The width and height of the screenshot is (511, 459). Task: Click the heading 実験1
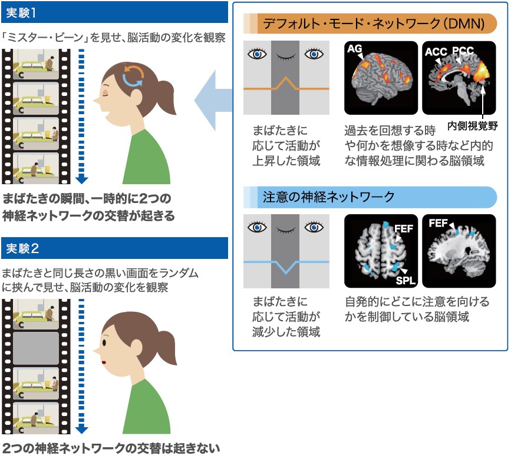tap(21, 13)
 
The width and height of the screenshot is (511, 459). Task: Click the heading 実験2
tap(22, 248)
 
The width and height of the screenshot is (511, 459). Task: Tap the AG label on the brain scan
tap(355, 48)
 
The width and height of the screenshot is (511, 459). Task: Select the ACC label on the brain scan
tap(436, 51)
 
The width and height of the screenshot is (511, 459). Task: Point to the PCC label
tap(463, 51)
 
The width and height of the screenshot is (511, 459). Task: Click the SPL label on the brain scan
tap(405, 280)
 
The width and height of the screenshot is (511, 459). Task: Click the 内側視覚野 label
tap(473, 125)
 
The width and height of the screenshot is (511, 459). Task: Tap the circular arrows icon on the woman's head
tap(133, 76)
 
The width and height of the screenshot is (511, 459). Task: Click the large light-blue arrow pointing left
tap(213, 101)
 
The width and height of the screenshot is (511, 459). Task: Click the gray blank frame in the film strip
tap(36, 348)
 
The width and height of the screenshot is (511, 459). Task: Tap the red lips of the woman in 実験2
tap(103, 362)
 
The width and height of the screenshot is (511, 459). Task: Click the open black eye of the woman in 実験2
tap(104, 342)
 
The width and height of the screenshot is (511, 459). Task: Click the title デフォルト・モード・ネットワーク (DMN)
tap(374, 24)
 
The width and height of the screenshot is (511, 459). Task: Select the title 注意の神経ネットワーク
tap(328, 197)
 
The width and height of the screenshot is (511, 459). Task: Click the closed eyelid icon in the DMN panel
tap(286, 57)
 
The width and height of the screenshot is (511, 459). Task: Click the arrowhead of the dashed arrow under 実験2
tap(81, 430)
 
